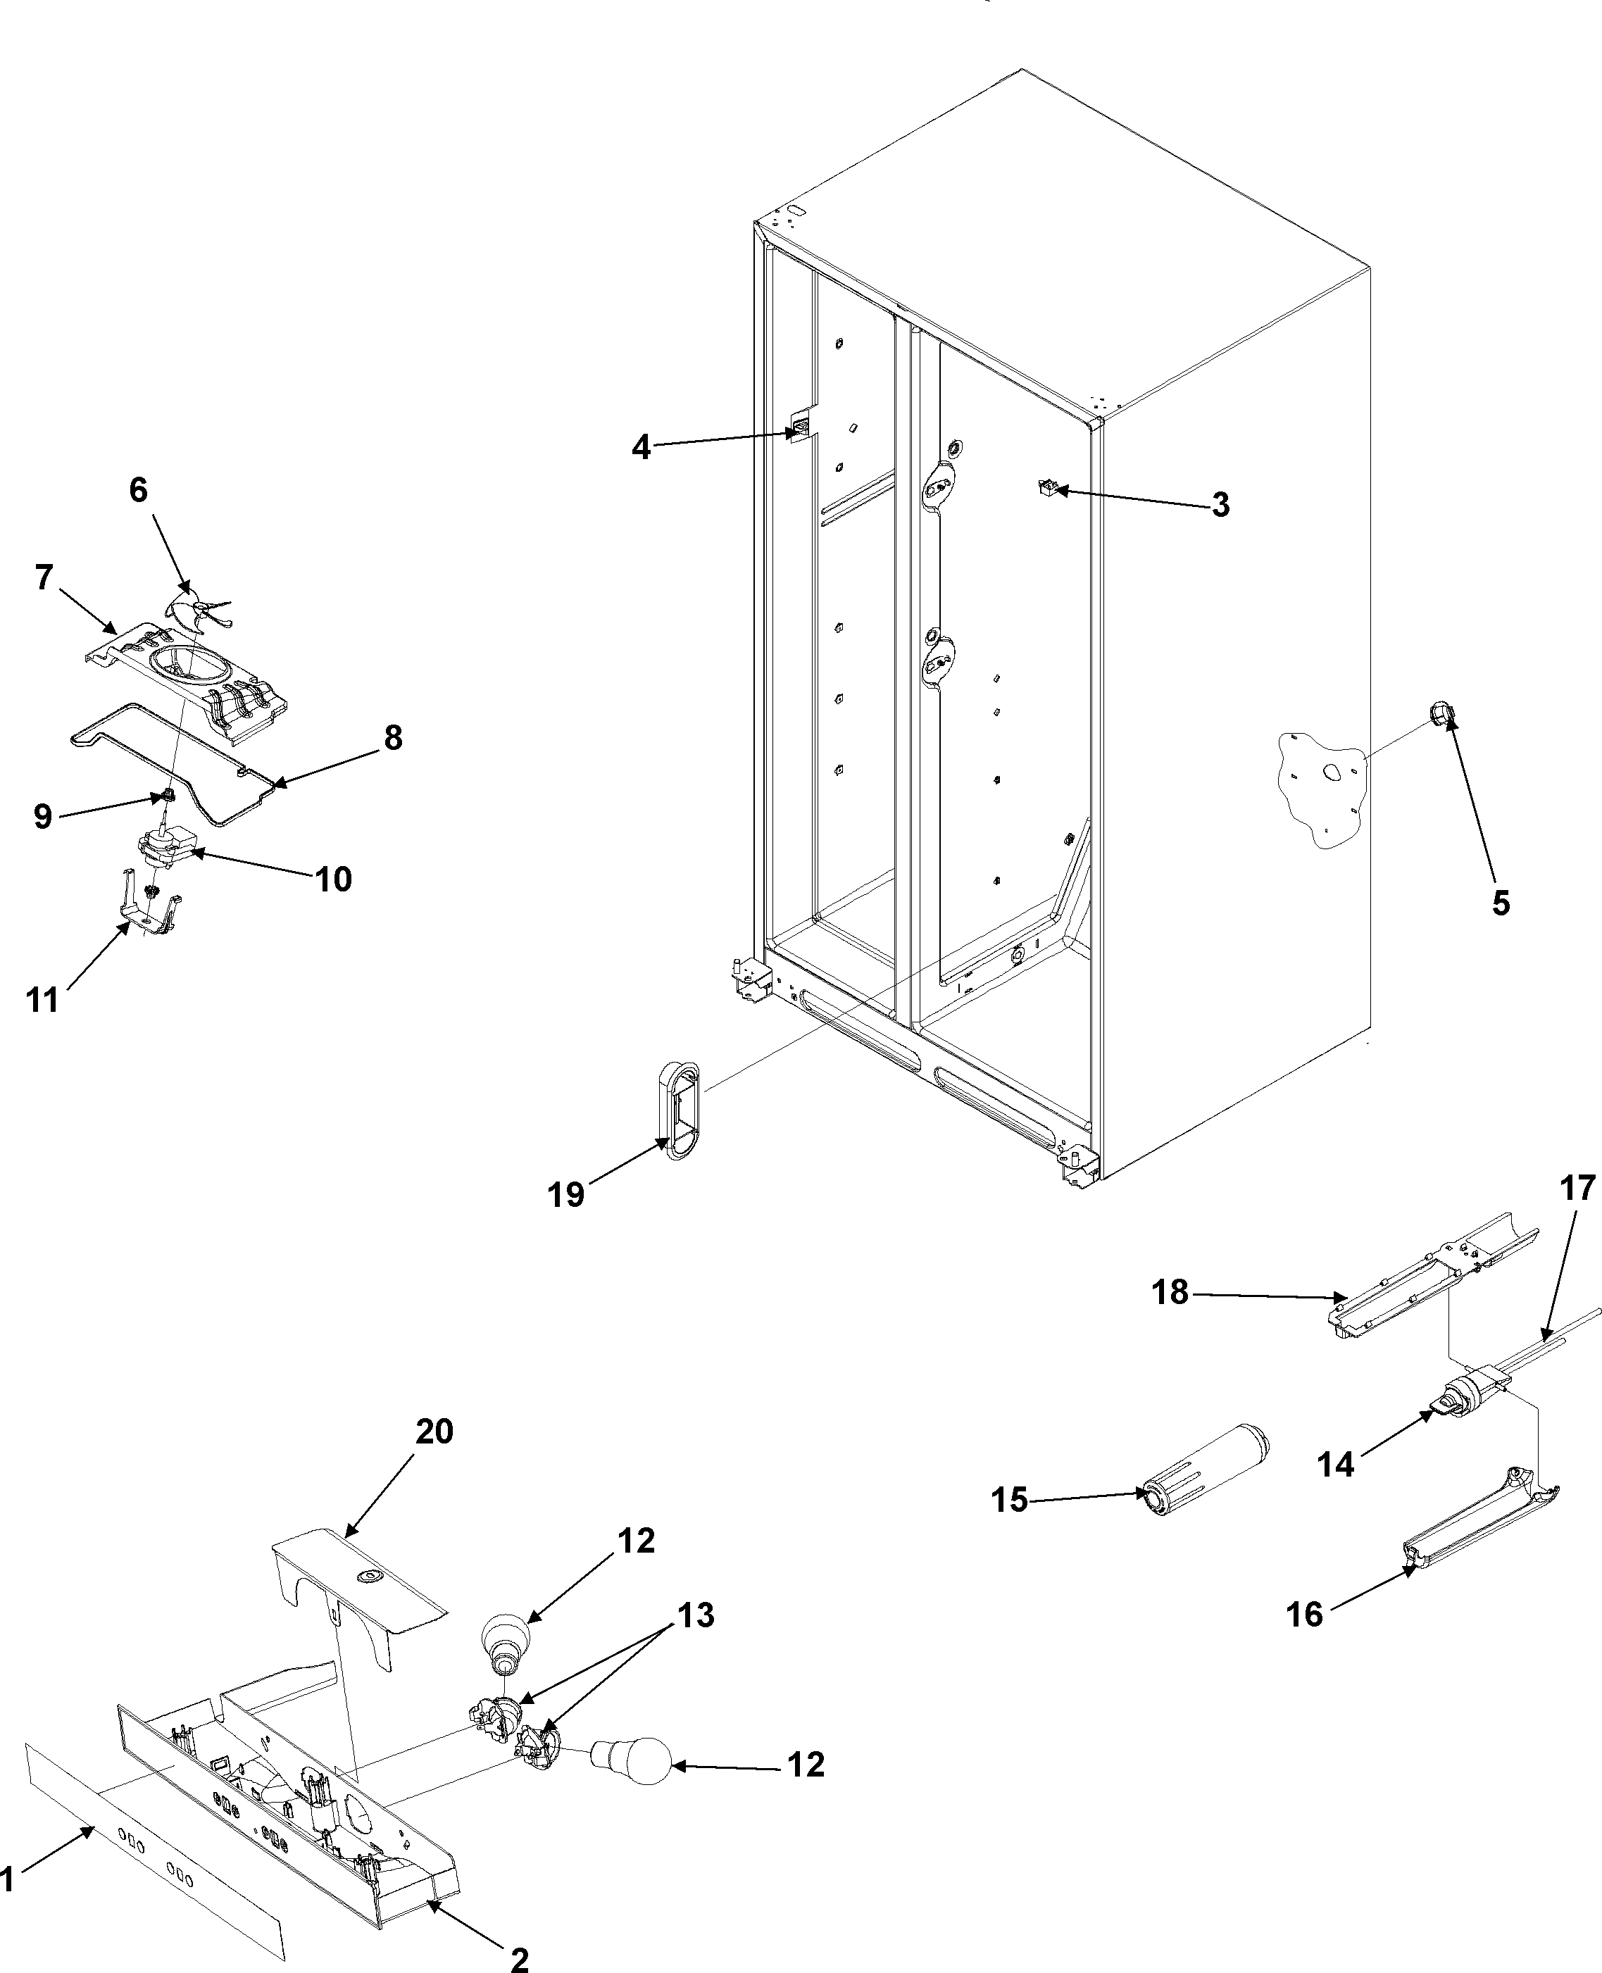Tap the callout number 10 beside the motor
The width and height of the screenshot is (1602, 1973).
click(333, 879)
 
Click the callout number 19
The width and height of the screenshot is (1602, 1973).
click(565, 1194)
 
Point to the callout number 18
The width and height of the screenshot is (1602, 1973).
click(1170, 1293)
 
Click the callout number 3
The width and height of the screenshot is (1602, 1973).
click(1220, 505)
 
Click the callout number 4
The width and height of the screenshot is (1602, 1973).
click(640, 448)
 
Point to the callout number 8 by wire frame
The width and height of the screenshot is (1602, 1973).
click(393, 738)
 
